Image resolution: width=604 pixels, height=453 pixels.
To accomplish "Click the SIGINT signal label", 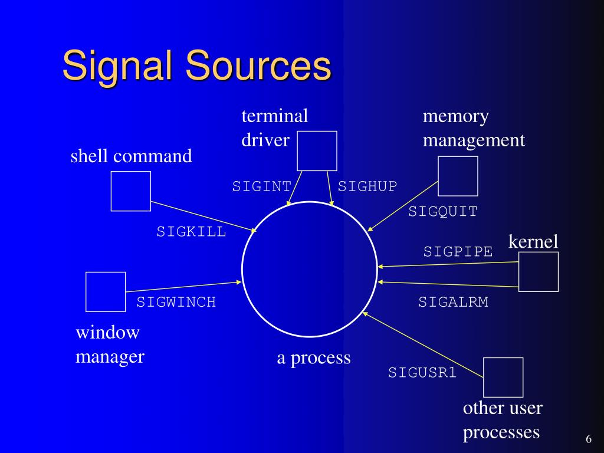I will (x=261, y=186).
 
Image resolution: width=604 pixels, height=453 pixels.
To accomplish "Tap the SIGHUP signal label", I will (x=367, y=186).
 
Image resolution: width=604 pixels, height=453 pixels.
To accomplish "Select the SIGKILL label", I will (x=191, y=232).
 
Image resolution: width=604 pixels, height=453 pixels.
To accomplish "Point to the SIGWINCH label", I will (x=176, y=303).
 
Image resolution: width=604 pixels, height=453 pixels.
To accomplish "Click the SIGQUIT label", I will (x=443, y=212).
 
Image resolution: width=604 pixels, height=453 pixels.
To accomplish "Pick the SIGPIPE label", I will (x=458, y=252).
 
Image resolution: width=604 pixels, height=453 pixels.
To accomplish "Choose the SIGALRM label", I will (x=453, y=303).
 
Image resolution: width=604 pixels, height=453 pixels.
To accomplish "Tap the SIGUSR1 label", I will (x=422, y=373).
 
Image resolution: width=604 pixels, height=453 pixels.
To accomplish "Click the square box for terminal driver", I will (x=317, y=150).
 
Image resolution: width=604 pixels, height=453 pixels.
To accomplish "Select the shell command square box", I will (x=130, y=191).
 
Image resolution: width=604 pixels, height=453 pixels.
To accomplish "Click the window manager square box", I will (x=106, y=291).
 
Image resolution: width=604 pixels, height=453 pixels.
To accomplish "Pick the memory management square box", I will (x=458, y=176).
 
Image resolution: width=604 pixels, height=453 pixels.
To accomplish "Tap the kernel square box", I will (x=538, y=271).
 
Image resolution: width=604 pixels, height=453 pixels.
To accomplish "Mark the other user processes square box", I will (x=503, y=377).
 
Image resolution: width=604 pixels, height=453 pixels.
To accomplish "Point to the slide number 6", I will (x=588, y=439).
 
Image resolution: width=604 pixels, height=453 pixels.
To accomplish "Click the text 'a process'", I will (x=314, y=357).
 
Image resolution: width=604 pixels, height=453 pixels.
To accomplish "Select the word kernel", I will (x=533, y=241).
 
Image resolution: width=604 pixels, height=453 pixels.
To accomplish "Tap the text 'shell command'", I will (x=131, y=156).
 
